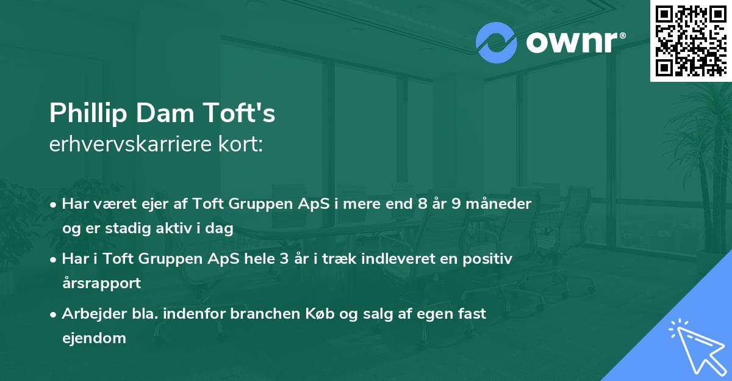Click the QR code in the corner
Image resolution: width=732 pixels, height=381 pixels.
point(691,40)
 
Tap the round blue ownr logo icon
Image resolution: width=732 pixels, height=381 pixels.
point(496,42)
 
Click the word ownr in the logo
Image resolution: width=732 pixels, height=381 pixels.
point(573,43)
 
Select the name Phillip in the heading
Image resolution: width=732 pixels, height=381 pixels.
point(82,114)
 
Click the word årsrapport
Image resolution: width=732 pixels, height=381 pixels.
point(101,283)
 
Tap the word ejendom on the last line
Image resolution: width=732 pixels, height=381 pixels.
point(94,338)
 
